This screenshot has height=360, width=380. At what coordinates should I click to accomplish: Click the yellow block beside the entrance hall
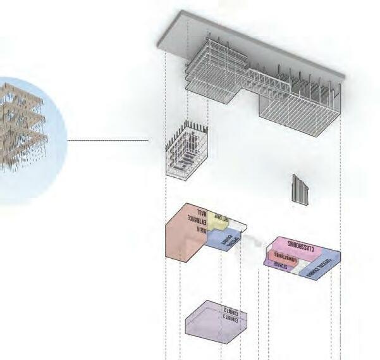tap(219, 221)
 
